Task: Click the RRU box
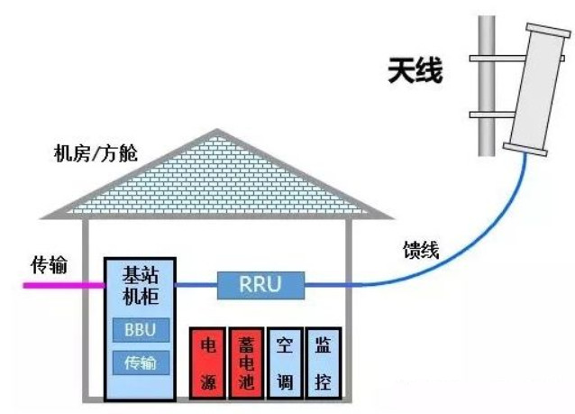point(260,286)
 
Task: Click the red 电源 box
point(206,363)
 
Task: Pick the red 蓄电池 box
point(246,363)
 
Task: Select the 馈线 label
point(420,250)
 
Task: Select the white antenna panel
point(540,86)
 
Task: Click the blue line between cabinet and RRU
point(196,286)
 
